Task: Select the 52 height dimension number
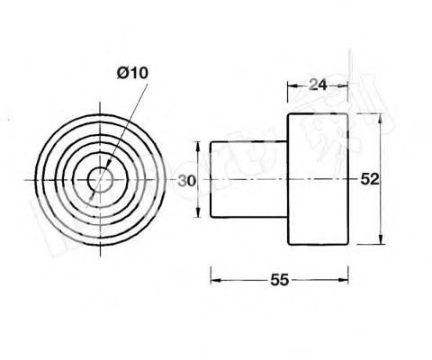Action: pyautogui.click(x=369, y=179)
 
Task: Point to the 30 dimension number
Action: pyautogui.click(x=186, y=180)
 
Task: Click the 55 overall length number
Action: pyautogui.click(x=279, y=280)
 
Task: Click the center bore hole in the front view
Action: pyautogui.click(x=101, y=180)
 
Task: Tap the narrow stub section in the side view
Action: pyautogui.click(x=248, y=179)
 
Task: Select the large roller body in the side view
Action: pyautogui.click(x=316, y=179)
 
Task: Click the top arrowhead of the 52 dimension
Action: pyautogui.click(x=385, y=117)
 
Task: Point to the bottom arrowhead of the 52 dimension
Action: pyautogui.click(x=385, y=242)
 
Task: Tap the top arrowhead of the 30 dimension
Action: pyautogui.click(x=198, y=144)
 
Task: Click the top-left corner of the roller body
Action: pyautogui.click(x=287, y=115)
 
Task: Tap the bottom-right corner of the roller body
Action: pyautogui.click(x=346, y=244)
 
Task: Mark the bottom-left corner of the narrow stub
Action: pyautogui.click(x=211, y=216)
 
